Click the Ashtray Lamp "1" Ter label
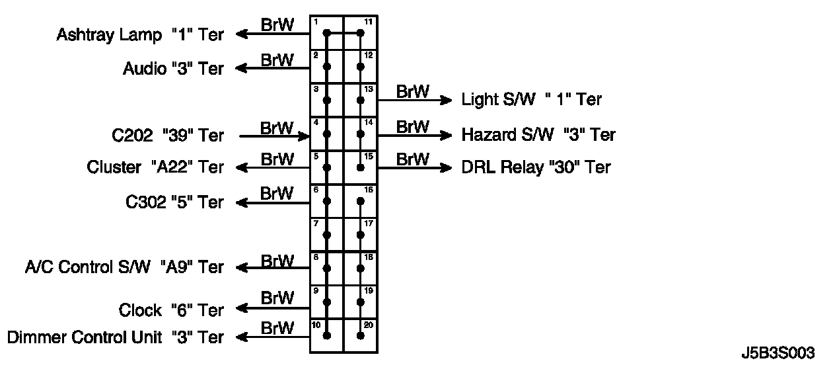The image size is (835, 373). (140, 35)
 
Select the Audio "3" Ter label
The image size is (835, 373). (173, 69)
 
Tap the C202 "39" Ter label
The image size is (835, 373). (168, 136)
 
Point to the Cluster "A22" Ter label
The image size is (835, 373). (155, 168)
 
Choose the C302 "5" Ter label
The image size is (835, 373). (174, 202)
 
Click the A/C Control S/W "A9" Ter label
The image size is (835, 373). (124, 267)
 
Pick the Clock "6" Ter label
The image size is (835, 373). (171, 310)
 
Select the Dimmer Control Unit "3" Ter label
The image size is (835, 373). (116, 337)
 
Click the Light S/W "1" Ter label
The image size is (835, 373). (532, 100)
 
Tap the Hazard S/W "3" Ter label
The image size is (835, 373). (538, 135)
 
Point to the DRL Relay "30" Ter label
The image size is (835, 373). (536, 167)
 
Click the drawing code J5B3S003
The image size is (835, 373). (778, 353)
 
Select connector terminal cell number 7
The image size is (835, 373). (327, 234)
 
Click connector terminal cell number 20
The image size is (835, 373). (361, 335)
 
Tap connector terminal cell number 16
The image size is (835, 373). (361, 200)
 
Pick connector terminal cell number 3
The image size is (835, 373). (327, 100)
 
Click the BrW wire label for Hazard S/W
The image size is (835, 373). (413, 126)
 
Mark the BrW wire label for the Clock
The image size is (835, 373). (277, 297)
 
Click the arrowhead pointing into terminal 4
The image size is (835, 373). (305, 137)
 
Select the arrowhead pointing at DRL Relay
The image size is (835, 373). (447, 168)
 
